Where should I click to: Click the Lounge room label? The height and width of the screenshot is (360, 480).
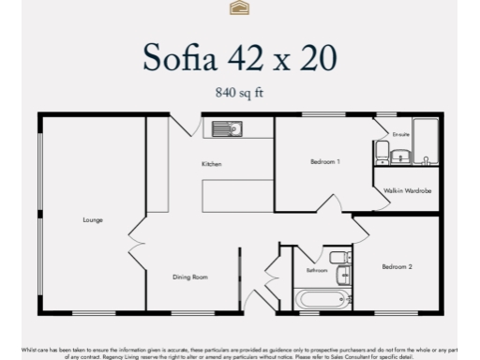point(92,220)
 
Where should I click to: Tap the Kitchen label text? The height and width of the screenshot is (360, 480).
point(212,164)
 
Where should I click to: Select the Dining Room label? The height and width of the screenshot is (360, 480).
point(189,277)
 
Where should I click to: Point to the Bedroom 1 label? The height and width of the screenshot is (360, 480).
point(324,161)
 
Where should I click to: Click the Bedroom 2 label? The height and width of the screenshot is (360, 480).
point(397,267)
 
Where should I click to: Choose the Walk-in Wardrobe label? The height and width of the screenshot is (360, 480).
point(407,191)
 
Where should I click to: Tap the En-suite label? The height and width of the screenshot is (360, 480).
point(401,134)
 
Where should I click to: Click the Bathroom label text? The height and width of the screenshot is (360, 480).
point(317,270)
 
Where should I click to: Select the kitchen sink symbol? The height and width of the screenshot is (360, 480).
point(226,129)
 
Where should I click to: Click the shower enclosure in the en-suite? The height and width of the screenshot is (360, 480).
point(426,142)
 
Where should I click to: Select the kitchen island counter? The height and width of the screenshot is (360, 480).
point(235,194)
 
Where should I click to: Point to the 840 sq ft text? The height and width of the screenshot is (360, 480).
point(239,93)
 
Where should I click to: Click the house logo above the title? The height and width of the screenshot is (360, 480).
point(239,8)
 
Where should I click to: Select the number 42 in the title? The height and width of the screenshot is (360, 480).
point(252,57)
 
